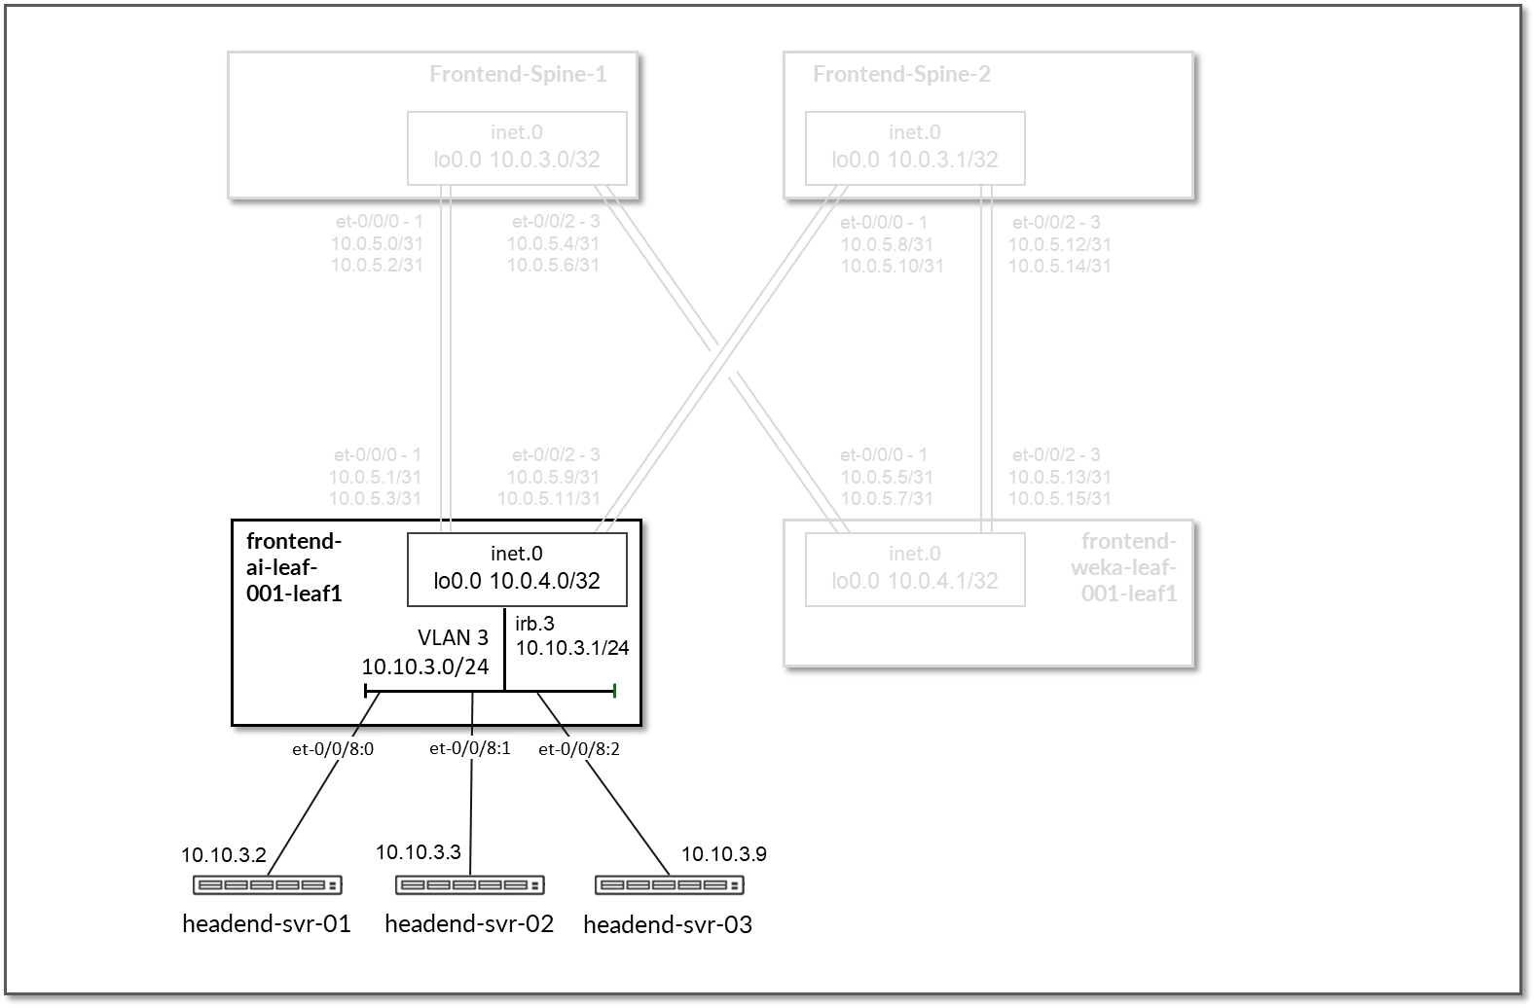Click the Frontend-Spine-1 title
pyautogui.click(x=518, y=75)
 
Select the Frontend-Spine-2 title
pyautogui.click(x=901, y=75)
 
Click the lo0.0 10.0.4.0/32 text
pyautogui.click(x=517, y=581)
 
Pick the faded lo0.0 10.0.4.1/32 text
pyautogui.click(x=915, y=581)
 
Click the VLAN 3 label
pyautogui.click(x=453, y=638)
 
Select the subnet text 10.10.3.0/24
pyautogui.click(x=425, y=666)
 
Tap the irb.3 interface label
pyautogui.click(x=534, y=624)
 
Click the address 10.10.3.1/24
pyautogui.click(x=572, y=648)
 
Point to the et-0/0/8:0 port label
pyautogui.click(x=333, y=749)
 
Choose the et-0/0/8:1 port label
pyautogui.click(x=470, y=748)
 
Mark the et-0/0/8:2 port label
pyautogui.click(x=579, y=749)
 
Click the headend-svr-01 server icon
pyautogui.click(x=268, y=885)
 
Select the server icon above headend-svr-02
pyautogui.click(x=470, y=885)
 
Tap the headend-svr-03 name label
pyautogui.click(x=668, y=924)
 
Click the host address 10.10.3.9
pyautogui.click(x=723, y=854)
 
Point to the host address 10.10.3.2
pyautogui.click(x=223, y=855)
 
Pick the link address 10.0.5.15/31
pyautogui.click(x=1059, y=498)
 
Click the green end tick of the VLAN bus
pyautogui.click(x=615, y=691)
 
